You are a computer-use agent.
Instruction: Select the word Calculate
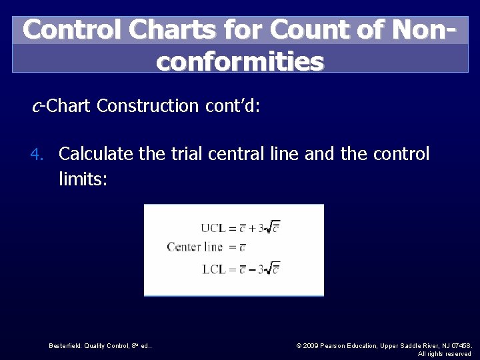(x=97, y=154)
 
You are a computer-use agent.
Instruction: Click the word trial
(x=180, y=154)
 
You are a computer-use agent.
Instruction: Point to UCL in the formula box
(x=214, y=227)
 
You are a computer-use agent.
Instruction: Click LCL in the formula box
(x=214, y=269)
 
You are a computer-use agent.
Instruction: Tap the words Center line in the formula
(x=195, y=247)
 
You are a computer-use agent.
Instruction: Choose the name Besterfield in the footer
(x=69, y=345)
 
